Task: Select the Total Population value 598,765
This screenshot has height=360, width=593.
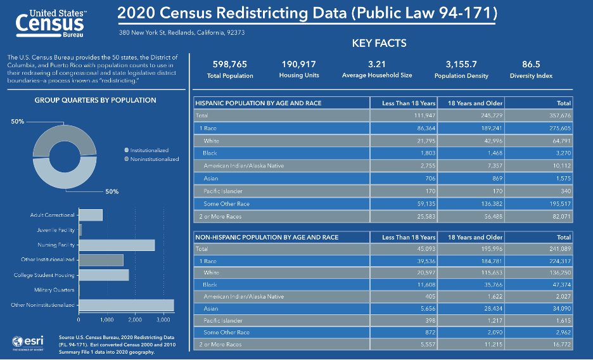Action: [x=230, y=64]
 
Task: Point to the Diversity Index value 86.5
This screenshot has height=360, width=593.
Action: [x=531, y=64]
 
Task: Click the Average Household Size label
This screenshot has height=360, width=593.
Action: [x=377, y=75]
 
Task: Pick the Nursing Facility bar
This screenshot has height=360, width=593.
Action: [x=117, y=245]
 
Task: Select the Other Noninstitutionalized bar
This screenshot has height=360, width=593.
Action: [x=126, y=305]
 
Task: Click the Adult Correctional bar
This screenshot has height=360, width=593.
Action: [x=91, y=215]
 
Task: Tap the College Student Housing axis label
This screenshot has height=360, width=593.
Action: [x=44, y=275]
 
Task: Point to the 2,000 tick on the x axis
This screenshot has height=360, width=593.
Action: [x=135, y=319]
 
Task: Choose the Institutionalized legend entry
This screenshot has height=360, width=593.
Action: [x=149, y=150]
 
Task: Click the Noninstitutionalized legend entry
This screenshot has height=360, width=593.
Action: [x=153, y=159]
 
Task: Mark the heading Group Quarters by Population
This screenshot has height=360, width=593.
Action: [x=95, y=100]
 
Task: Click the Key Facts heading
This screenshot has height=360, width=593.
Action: [x=379, y=44]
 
